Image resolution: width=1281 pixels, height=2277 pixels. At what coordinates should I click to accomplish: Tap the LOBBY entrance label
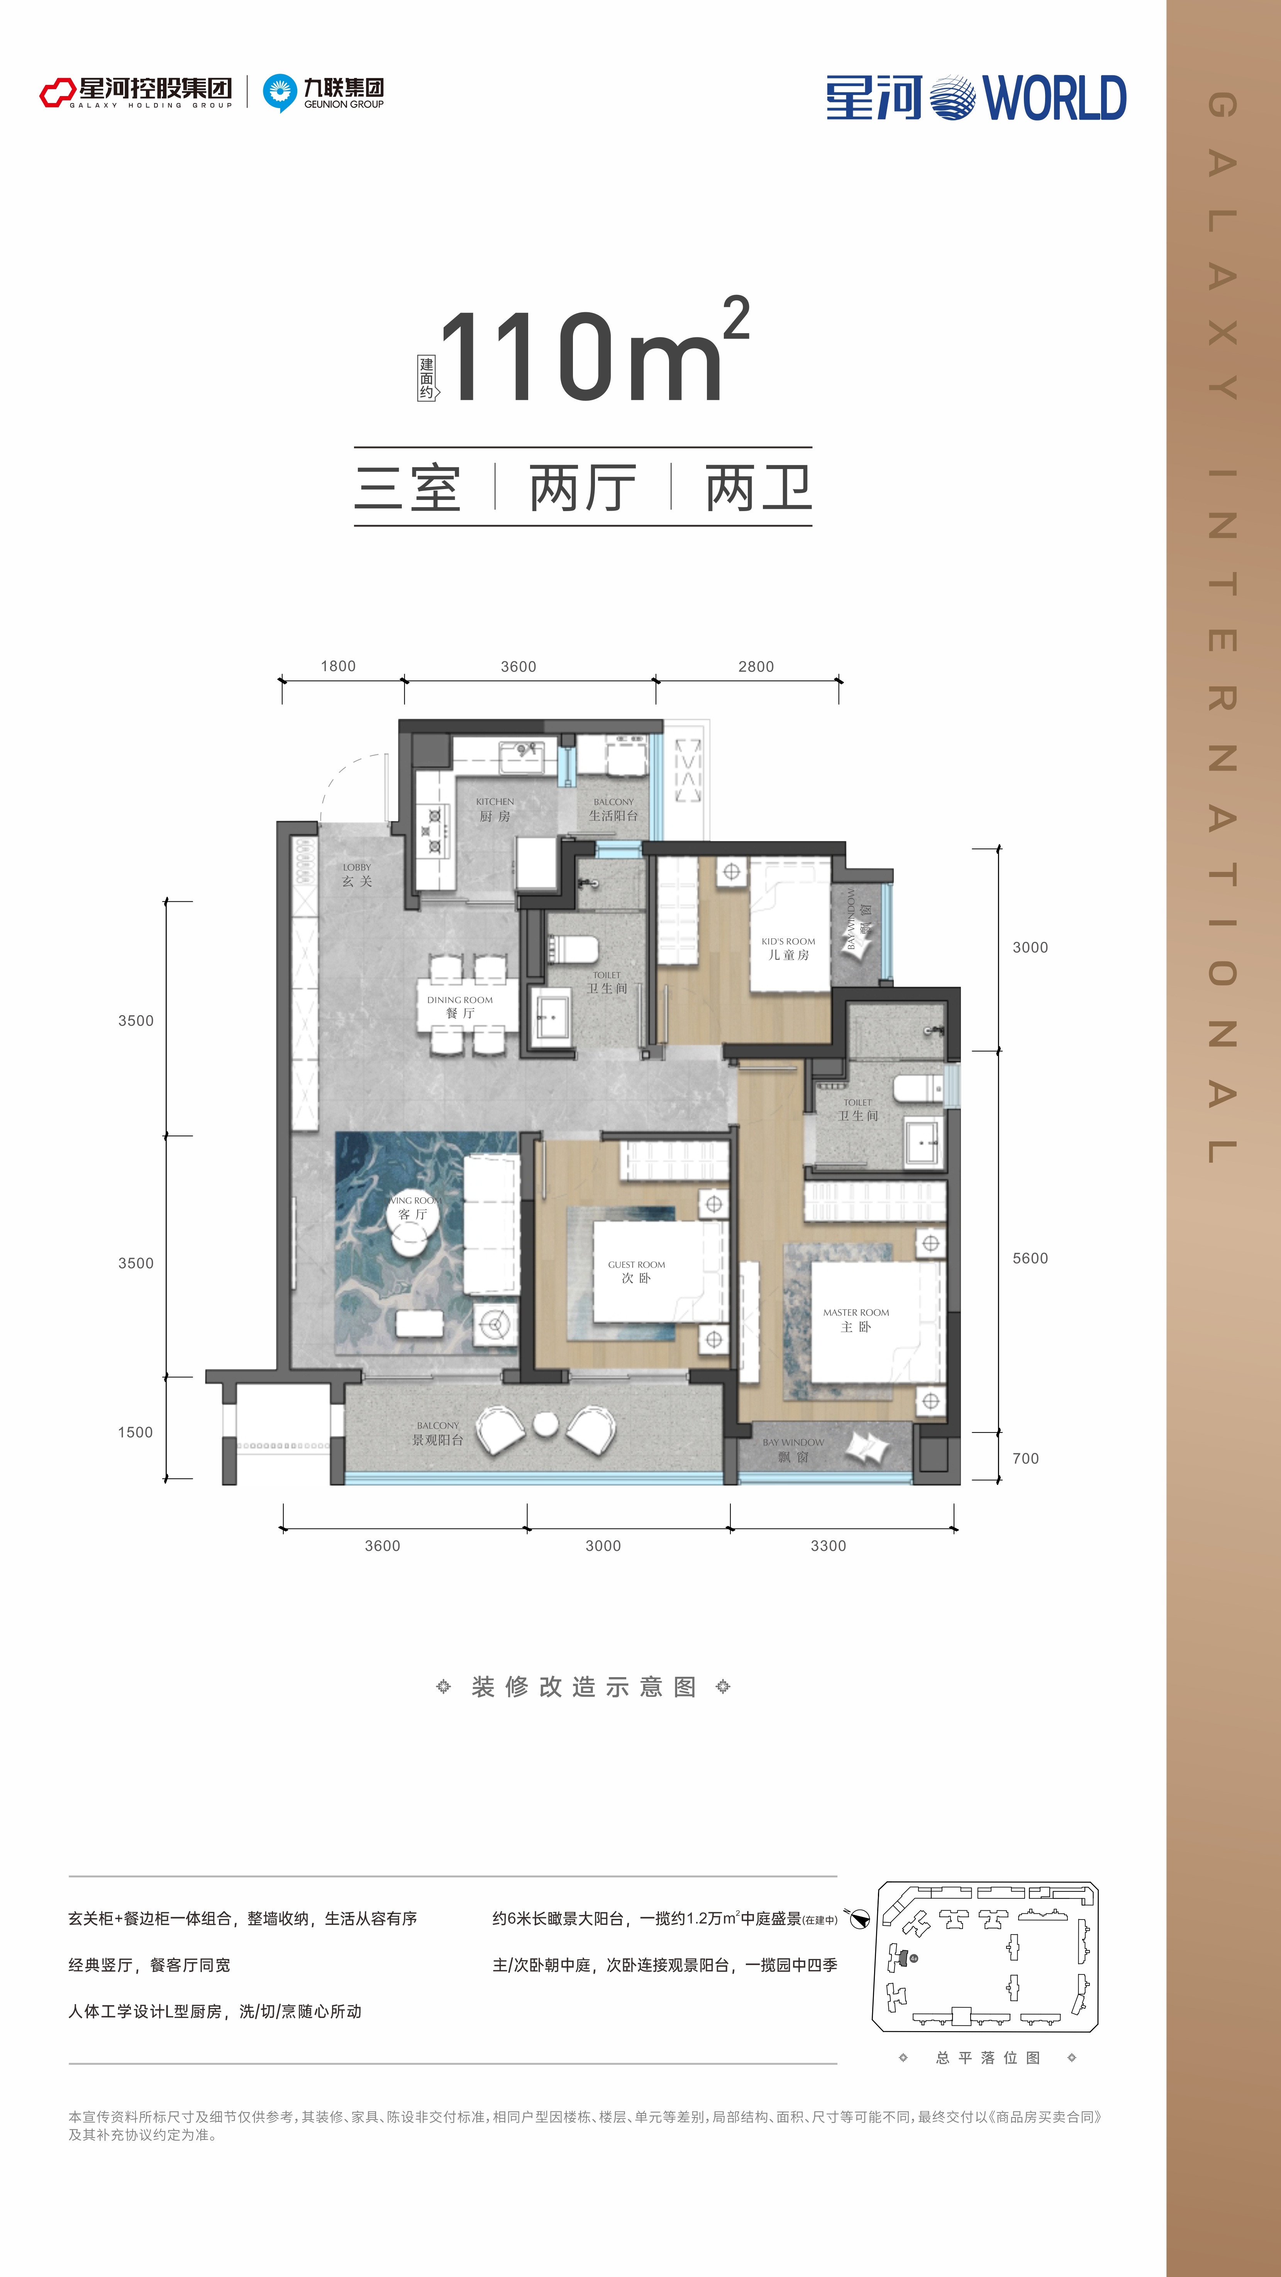[x=357, y=867]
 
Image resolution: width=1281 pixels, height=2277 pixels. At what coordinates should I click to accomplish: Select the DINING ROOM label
[x=460, y=1000]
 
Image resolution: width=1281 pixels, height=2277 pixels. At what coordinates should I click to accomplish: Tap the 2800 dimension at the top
[x=756, y=667]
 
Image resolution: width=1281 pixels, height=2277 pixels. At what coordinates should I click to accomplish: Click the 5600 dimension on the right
[x=1030, y=1258]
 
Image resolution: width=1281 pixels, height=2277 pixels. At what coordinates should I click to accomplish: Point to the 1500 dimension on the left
[x=135, y=1432]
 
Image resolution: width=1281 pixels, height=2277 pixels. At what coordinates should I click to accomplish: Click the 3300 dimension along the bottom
[x=829, y=1545]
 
